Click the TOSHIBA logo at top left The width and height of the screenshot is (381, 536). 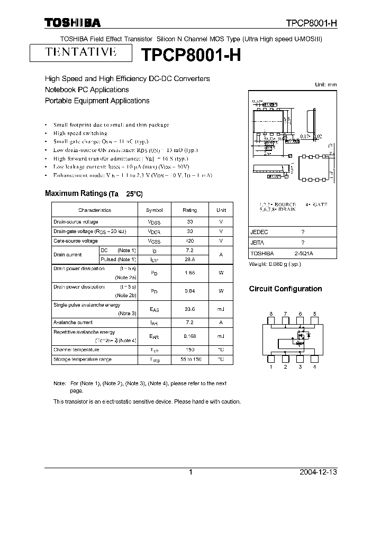pos(72,23)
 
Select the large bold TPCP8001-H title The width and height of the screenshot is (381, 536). pos(190,55)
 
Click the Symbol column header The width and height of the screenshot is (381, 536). pos(155,210)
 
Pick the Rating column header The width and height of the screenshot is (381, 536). pos(189,210)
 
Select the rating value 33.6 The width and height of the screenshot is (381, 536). pos(189,309)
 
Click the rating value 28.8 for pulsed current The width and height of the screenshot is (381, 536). pos(189,259)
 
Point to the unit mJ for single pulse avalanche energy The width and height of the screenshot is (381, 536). pos(221,309)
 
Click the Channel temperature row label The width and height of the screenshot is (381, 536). pos(76,350)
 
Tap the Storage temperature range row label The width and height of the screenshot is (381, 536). pos(82,359)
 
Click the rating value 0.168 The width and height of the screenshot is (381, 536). pos(189,336)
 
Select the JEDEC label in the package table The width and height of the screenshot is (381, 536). pos(259,232)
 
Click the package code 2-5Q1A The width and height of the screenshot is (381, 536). pos(304,254)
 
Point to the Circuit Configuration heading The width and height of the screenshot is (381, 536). pos(285,289)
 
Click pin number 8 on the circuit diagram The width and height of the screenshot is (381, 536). pos(270,314)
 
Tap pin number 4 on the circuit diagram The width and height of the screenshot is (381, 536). pos(315,367)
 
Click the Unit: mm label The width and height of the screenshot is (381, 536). pos(325,85)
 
